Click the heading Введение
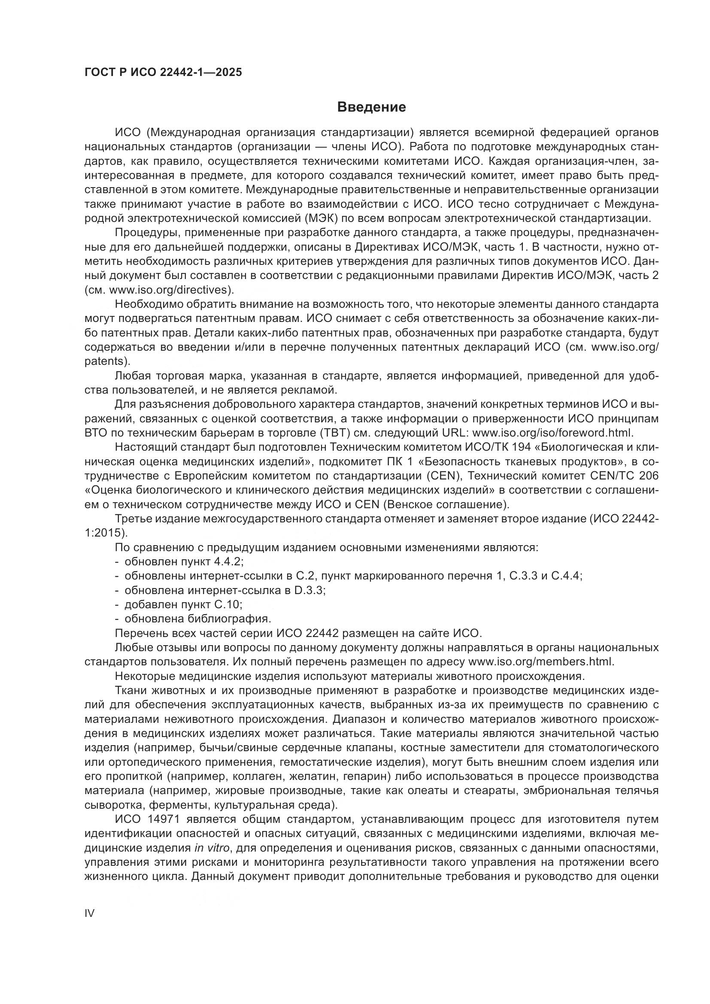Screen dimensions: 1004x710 [x=372, y=107]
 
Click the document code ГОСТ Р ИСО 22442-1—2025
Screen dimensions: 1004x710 [x=163, y=72]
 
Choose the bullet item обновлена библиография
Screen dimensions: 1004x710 [x=197, y=619]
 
